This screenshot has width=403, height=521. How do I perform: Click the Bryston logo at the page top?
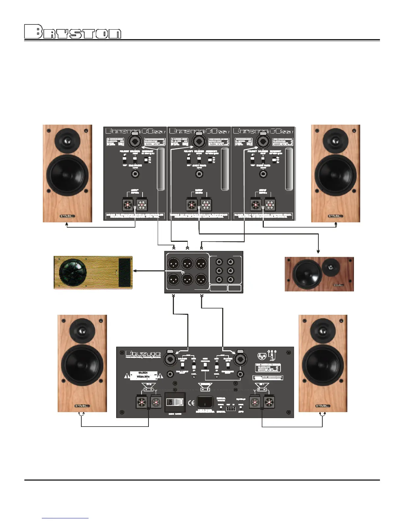coord(73,32)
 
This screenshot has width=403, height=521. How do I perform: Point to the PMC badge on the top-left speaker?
coord(67,216)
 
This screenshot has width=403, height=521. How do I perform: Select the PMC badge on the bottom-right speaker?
coord(323,406)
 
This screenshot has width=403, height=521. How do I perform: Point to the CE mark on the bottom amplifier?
coord(191,402)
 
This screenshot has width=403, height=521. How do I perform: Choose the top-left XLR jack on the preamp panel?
coord(173,263)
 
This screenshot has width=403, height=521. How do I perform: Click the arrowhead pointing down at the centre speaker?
coord(318,251)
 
